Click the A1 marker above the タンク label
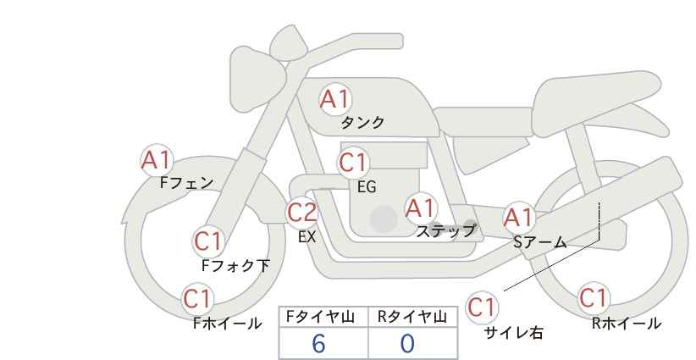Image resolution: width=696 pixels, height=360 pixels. coord(335,99)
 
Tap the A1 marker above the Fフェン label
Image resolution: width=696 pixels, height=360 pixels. coord(156,160)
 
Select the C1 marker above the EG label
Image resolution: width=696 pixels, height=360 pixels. coord(353,163)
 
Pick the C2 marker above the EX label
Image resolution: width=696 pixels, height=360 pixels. coord(302,212)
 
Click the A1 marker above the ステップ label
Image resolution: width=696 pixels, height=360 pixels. coord(421,208)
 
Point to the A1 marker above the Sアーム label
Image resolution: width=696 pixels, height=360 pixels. coord(518,218)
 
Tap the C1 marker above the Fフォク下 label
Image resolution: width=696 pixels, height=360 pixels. coord(207,241)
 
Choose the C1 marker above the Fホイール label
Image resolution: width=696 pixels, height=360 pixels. coord(197,299)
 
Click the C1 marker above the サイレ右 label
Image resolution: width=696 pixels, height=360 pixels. coord(482,307)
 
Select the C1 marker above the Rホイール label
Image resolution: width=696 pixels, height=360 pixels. coord(593,297)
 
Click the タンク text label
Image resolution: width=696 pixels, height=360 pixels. coord(362,123)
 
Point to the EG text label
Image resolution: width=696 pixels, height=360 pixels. coord(367,187)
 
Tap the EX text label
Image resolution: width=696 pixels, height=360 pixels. coord(307,237)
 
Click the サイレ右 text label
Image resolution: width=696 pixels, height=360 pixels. coord(514,333)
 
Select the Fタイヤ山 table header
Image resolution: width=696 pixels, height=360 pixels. coord(320,317)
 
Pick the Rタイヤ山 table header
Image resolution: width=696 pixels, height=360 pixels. coord(412,317)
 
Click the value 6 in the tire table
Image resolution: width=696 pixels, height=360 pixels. coord(318,343)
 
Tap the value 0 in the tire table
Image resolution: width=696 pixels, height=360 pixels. coord(407,343)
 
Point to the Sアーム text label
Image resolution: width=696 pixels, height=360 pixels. coord(540,242)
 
